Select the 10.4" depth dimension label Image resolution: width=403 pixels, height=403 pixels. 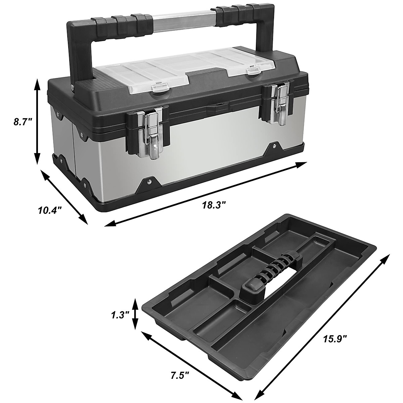click(x=50, y=211)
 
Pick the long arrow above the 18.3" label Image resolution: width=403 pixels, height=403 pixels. click(x=206, y=194)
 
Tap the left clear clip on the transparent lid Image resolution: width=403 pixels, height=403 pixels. click(x=161, y=88)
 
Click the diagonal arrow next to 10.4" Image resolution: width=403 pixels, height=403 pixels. click(x=64, y=197)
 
